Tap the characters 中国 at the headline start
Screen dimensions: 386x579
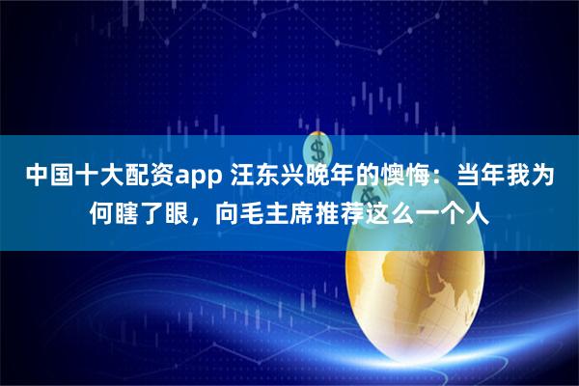pyautogui.click(x=47, y=178)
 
